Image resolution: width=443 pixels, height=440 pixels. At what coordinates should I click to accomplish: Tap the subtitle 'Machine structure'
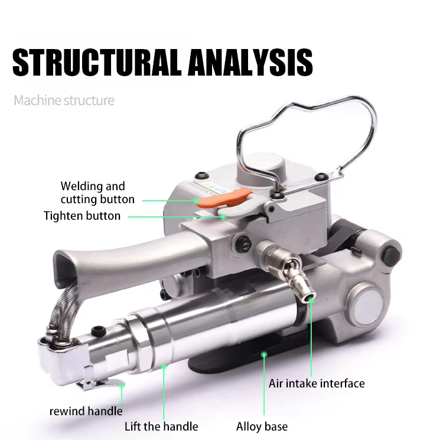pos(64,100)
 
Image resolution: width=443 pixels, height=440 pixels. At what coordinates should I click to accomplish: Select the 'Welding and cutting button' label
pos(97,193)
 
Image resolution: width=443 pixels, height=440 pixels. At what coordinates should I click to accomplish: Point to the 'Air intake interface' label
pos(317,383)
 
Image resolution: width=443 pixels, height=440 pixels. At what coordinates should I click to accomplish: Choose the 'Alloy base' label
pos(262,426)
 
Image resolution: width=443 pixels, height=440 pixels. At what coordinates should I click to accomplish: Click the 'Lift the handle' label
pos(161,426)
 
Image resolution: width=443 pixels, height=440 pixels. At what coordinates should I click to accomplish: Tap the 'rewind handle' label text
pos(86,411)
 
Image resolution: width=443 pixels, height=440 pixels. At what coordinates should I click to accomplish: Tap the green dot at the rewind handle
pos(121,384)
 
